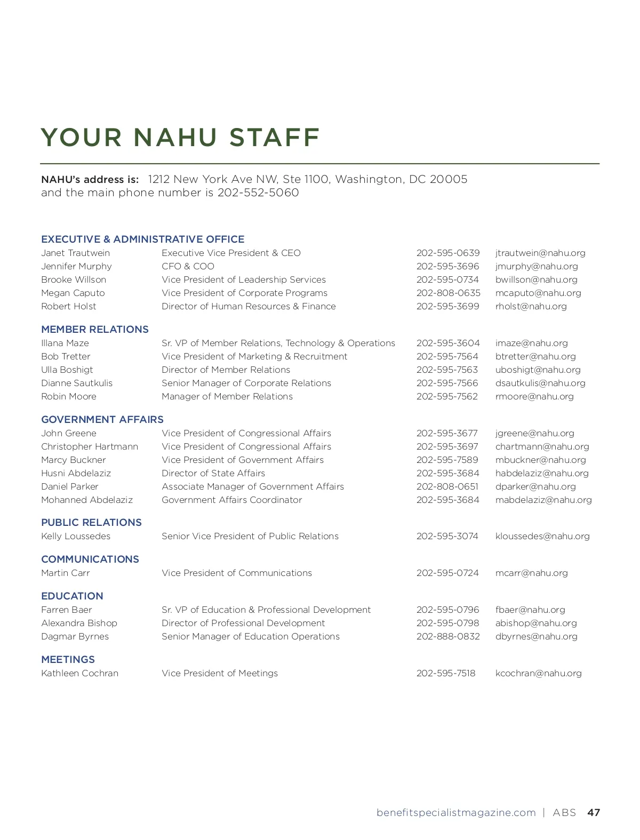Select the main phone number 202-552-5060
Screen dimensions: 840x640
pos(258,193)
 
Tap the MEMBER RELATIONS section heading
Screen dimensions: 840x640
pos(95,329)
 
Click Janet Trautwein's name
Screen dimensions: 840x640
pos(75,253)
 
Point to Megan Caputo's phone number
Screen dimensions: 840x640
pos(448,293)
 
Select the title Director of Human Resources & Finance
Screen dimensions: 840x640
pos(249,306)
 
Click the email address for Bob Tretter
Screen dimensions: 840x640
pos(535,356)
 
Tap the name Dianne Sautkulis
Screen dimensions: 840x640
pos(77,383)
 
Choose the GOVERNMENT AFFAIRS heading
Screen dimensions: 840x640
pos(102,419)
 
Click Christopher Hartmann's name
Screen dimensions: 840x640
pos(90,446)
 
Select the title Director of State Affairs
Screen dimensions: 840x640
pos(213,473)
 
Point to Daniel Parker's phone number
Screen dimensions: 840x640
pos(447,486)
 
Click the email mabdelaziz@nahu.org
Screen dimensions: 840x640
pos(543,500)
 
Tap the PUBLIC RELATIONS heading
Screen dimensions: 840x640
pos(91,522)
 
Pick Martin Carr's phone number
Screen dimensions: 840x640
pos(447,573)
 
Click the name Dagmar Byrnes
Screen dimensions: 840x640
pos(75,636)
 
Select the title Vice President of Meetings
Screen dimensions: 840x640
pos(220,673)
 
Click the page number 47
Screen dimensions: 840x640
pos(594,812)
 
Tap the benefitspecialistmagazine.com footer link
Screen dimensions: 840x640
pos(456,812)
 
